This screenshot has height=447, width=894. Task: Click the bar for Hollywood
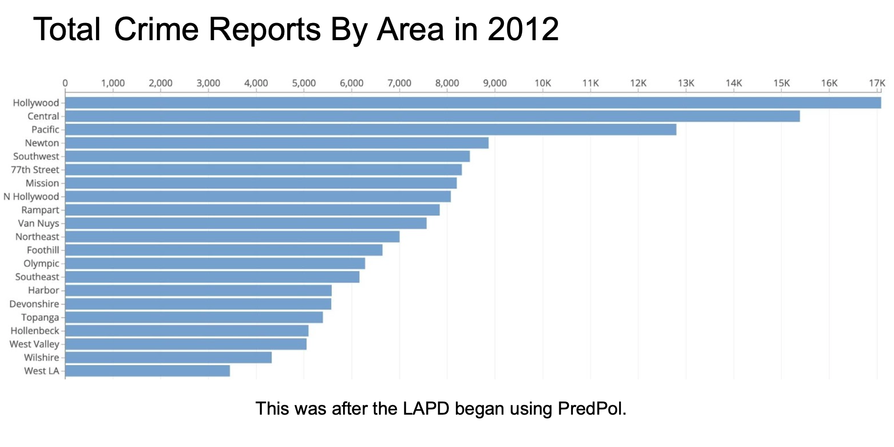tap(472, 103)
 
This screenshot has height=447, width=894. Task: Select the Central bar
tap(432, 116)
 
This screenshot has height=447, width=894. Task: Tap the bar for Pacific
tap(371, 129)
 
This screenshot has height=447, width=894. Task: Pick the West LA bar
tap(148, 371)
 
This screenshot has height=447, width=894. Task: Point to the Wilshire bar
tap(168, 358)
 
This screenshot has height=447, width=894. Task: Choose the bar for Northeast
tap(232, 237)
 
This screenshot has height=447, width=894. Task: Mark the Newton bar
tap(277, 143)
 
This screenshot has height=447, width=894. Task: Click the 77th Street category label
tap(35, 170)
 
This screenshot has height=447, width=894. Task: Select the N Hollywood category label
tap(31, 197)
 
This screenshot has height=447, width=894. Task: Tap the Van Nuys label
tap(38, 223)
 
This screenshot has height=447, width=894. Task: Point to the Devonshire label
tap(34, 304)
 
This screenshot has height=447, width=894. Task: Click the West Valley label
tap(34, 344)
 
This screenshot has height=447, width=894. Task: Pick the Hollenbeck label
tap(35, 331)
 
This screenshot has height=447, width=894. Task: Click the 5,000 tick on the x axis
tap(304, 83)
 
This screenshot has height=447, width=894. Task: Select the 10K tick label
tap(543, 83)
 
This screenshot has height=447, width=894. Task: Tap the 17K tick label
tap(877, 83)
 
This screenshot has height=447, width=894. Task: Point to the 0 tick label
tap(65, 83)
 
